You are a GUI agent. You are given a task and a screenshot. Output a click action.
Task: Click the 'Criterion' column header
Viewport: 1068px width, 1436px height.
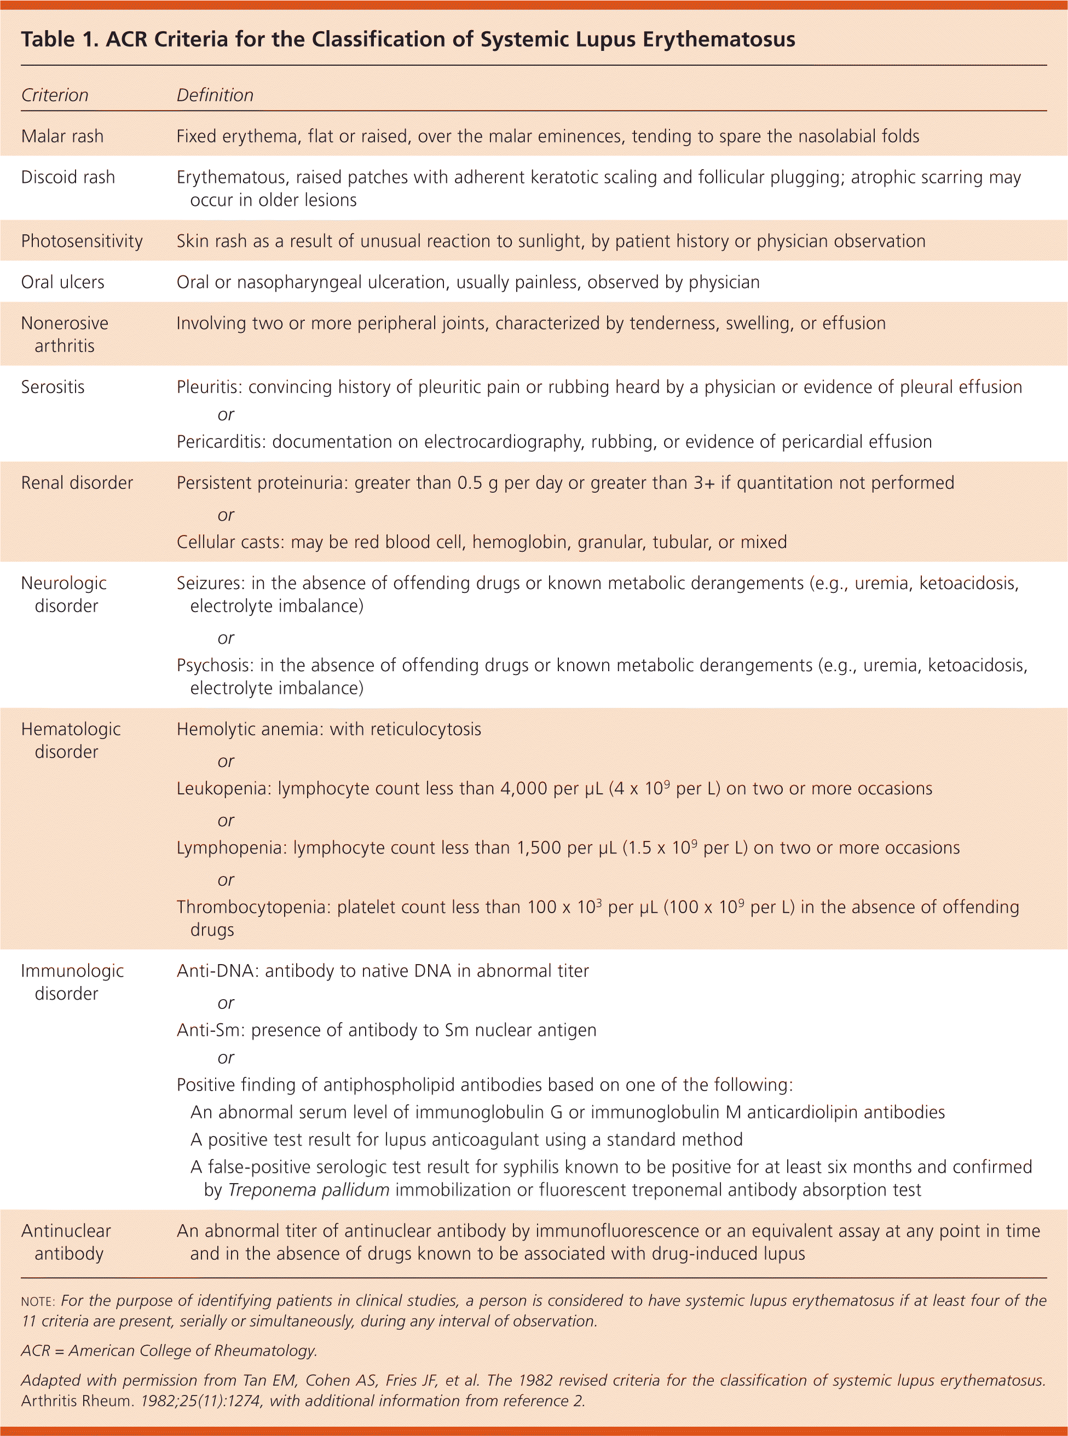coord(54,95)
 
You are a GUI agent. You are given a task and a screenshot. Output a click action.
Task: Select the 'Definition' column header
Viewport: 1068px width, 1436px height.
coord(215,95)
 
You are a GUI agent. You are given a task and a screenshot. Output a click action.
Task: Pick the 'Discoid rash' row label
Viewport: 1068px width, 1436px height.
coord(68,177)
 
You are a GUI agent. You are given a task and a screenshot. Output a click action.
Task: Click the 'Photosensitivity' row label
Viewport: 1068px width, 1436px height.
coord(82,241)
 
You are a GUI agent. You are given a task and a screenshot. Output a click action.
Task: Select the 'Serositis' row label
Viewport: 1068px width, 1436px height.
coord(53,387)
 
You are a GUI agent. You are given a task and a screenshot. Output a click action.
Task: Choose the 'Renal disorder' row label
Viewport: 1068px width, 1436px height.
coord(77,482)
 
